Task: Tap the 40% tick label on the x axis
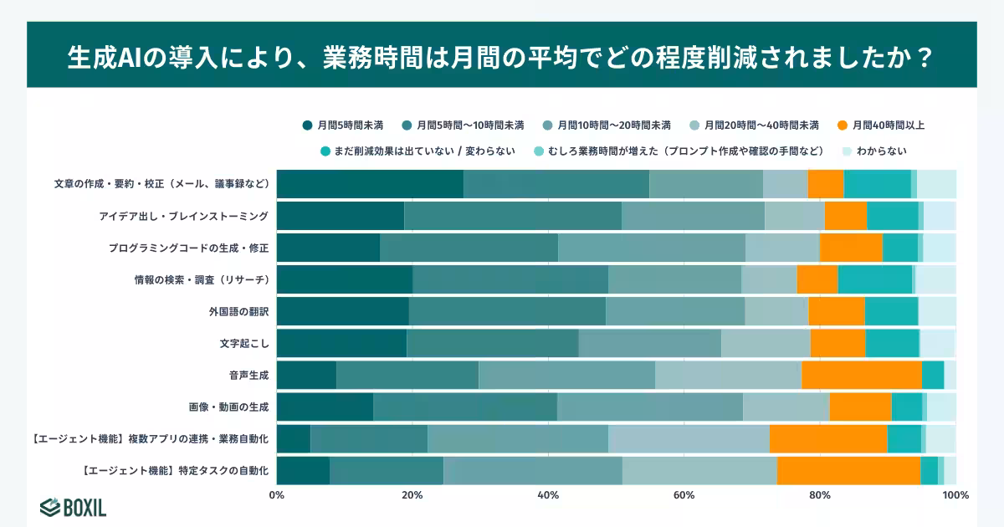[548, 495]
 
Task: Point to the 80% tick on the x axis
[820, 495]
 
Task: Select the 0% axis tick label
[277, 495]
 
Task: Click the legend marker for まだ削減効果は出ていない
[326, 151]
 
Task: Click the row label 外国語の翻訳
[238, 311]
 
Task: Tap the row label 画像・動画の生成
[228, 407]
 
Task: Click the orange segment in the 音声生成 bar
[861, 375]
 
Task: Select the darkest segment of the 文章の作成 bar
[370, 184]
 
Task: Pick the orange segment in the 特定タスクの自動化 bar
[848, 471]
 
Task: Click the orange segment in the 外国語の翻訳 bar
[836, 311]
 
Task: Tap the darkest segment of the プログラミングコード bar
[328, 248]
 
